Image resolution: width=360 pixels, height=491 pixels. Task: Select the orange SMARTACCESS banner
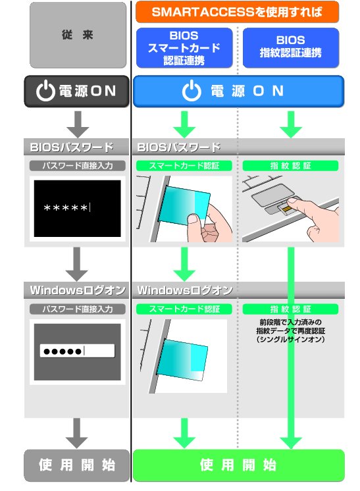coord(237,11)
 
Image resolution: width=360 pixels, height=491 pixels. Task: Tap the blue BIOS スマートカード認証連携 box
coord(184,47)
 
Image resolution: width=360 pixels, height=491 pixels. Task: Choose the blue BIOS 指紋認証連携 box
coord(290,47)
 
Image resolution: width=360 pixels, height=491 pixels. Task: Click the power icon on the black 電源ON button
coord(45,92)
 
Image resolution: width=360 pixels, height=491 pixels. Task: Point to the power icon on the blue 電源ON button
coord(190,91)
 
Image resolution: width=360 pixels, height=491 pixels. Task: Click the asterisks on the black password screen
coord(66,209)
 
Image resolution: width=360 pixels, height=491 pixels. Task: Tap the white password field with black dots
coord(77,351)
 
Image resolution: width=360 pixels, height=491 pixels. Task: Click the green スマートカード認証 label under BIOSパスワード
coord(184,166)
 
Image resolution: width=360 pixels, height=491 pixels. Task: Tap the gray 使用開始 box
coord(77,465)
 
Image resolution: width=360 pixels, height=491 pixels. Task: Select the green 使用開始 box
coord(238,465)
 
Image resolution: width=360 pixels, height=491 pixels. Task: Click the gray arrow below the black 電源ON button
coord(78,122)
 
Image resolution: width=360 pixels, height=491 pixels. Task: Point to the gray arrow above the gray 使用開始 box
coord(78,432)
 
